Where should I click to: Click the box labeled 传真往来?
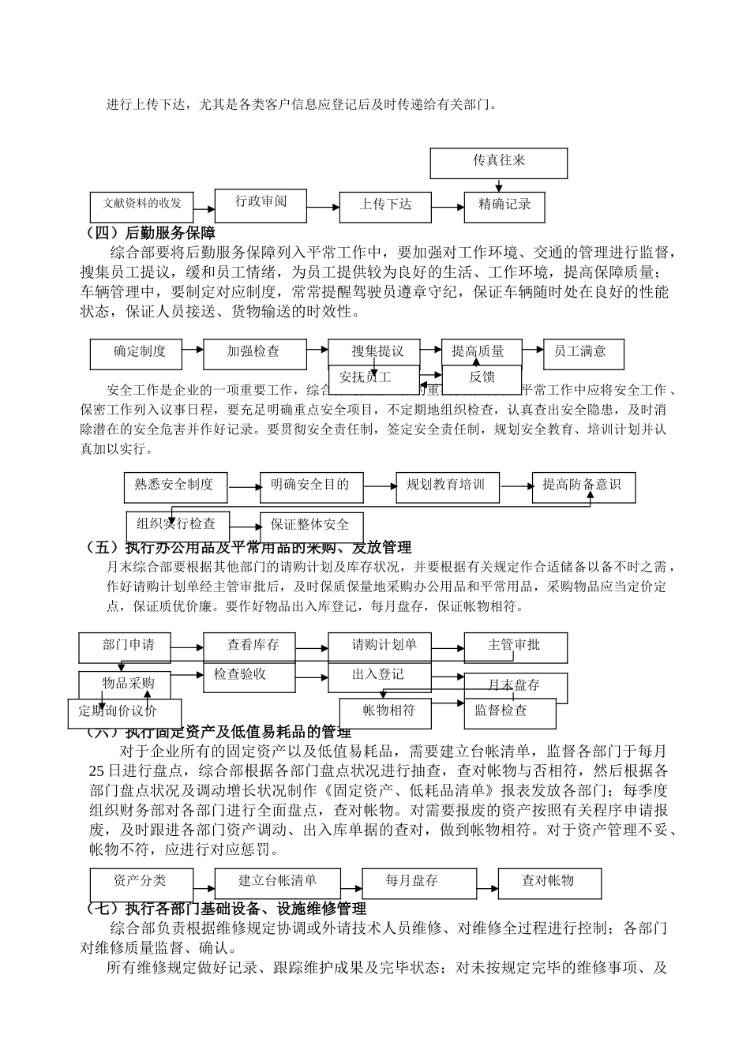click(x=499, y=162)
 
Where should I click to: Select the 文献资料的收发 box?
click(x=142, y=204)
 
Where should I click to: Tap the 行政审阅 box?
click(x=261, y=202)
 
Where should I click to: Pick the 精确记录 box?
click(x=504, y=205)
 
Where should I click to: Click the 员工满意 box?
click(x=583, y=353)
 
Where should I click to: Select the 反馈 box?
click(x=482, y=378)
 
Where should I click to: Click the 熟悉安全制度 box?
click(x=175, y=486)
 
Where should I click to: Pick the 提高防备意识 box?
click(x=583, y=486)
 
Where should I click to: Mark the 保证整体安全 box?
click(x=312, y=526)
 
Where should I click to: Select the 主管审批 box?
click(x=515, y=647)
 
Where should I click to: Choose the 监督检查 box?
click(x=510, y=712)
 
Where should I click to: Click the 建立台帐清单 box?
click(x=277, y=882)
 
